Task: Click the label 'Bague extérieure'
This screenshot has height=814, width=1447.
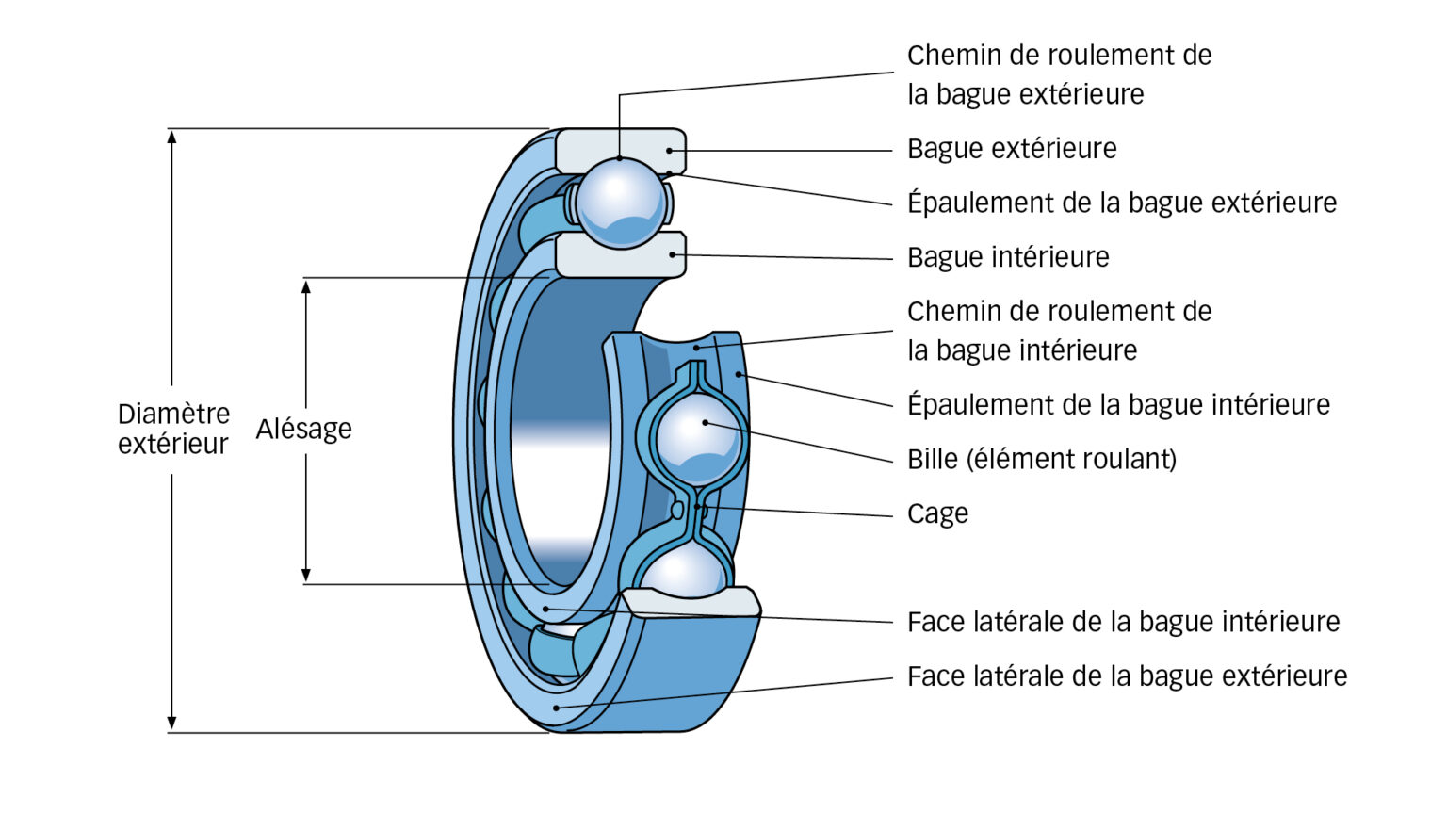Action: coord(1011,149)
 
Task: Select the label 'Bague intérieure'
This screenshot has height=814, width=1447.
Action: coord(1007,257)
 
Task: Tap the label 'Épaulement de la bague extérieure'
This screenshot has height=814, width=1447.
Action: coord(1121,203)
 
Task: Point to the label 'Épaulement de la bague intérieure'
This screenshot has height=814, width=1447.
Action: coord(1117,405)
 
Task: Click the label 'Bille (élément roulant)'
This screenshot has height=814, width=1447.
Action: coord(1041,460)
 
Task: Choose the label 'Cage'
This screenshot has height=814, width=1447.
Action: coord(936,513)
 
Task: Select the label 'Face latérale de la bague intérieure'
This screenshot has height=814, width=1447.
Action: coord(1122,622)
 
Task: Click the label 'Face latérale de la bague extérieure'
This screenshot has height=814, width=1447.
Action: coord(1126,676)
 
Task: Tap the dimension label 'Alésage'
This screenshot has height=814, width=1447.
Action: coord(303,430)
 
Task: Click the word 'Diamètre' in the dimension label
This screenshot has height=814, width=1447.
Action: coord(173,415)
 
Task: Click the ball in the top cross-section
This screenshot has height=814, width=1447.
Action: coord(620,202)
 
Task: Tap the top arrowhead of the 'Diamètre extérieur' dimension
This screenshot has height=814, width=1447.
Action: coord(171,138)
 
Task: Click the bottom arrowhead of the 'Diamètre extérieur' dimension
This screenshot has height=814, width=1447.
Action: coord(171,723)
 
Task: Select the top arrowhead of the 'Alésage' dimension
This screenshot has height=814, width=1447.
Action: coord(305,286)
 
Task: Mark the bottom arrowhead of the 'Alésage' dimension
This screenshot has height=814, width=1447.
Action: coord(305,574)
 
